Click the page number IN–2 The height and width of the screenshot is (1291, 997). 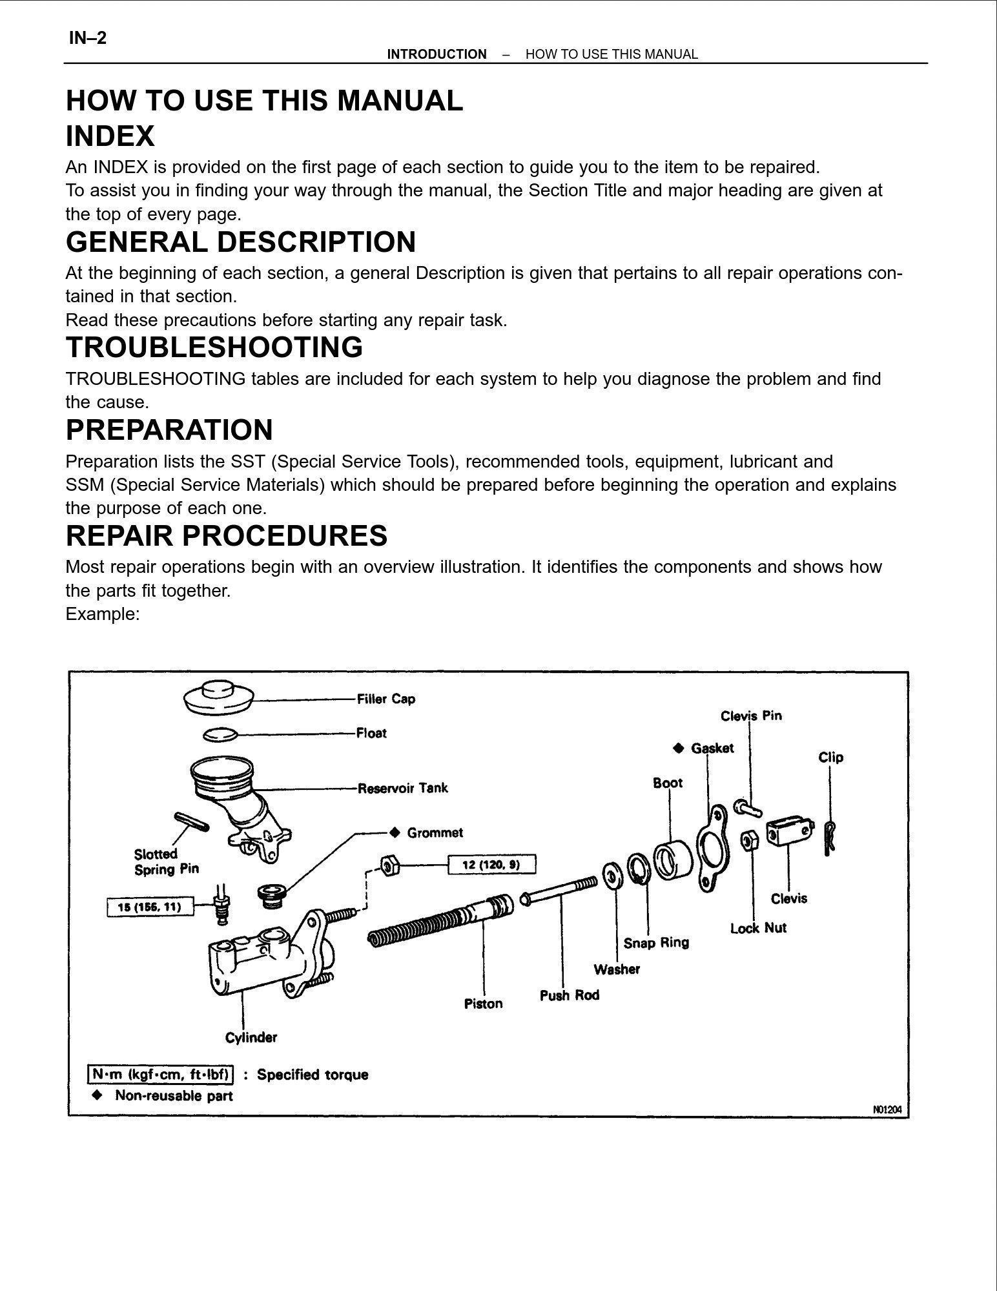pyautogui.click(x=88, y=38)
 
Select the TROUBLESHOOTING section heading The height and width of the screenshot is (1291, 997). pyautogui.click(x=214, y=347)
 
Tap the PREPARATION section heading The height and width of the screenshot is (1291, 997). pyautogui.click(x=169, y=430)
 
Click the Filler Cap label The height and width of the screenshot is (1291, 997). pyautogui.click(x=385, y=699)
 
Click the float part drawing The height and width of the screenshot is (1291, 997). pyautogui.click(x=220, y=734)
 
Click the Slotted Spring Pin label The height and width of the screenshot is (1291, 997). pyautogui.click(x=166, y=862)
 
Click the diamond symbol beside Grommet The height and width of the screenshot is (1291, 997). pyautogui.click(x=395, y=832)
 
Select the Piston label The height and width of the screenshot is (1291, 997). pyautogui.click(x=483, y=1004)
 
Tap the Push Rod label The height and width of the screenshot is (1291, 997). pyautogui.click(x=569, y=995)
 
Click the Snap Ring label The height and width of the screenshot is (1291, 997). pyautogui.click(x=656, y=943)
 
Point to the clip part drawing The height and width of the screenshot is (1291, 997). pyautogui.click(x=830, y=838)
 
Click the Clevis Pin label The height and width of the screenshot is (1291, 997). pyautogui.click(x=751, y=716)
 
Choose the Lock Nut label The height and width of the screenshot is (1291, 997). pyautogui.click(x=758, y=928)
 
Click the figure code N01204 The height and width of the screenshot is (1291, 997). pyautogui.click(x=887, y=1110)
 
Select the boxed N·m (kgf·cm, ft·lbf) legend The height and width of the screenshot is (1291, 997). pyautogui.click(x=160, y=1075)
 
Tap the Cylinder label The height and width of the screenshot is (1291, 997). pyautogui.click(x=251, y=1038)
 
